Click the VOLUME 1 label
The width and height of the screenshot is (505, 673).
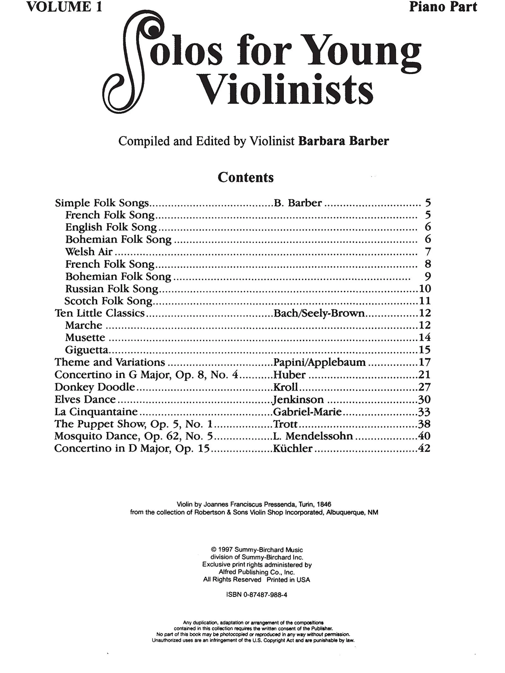[x=64, y=7]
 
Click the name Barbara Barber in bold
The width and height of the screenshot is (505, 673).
[x=343, y=141]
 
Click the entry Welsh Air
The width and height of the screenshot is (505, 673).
[x=89, y=252]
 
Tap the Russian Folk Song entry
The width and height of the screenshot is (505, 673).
[x=112, y=288]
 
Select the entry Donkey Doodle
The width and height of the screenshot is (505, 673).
[x=95, y=387]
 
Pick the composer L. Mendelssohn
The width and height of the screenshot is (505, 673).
[x=313, y=436]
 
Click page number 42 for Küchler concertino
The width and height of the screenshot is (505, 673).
[x=424, y=448]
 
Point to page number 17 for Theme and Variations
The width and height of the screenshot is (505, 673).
[x=424, y=362]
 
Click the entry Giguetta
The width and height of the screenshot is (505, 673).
[x=87, y=350]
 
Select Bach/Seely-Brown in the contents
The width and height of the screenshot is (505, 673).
[x=319, y=313]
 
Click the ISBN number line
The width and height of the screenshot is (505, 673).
[x=257, y=595]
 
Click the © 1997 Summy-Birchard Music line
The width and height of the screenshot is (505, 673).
[x=257, y=550]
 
